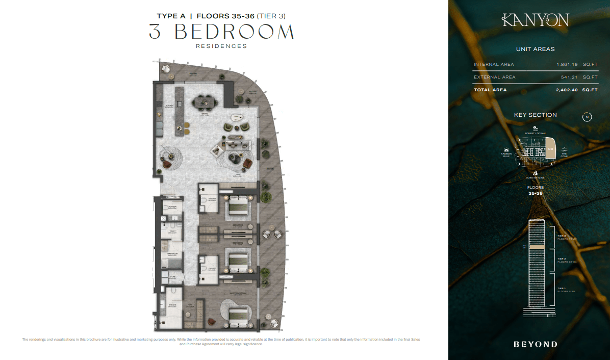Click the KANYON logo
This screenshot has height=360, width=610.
(x=535, y=20)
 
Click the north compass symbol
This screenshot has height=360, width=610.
(x=587, y=117)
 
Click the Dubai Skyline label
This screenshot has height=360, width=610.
(x=535, y=177)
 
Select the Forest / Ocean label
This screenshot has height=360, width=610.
(x=535, y=133)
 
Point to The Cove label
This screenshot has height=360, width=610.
(x=564, y=155)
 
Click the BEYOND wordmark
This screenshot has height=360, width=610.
(x=535, y=344)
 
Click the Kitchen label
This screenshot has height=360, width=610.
(x=169, y=107)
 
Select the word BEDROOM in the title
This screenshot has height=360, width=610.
(x=234, y=32)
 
